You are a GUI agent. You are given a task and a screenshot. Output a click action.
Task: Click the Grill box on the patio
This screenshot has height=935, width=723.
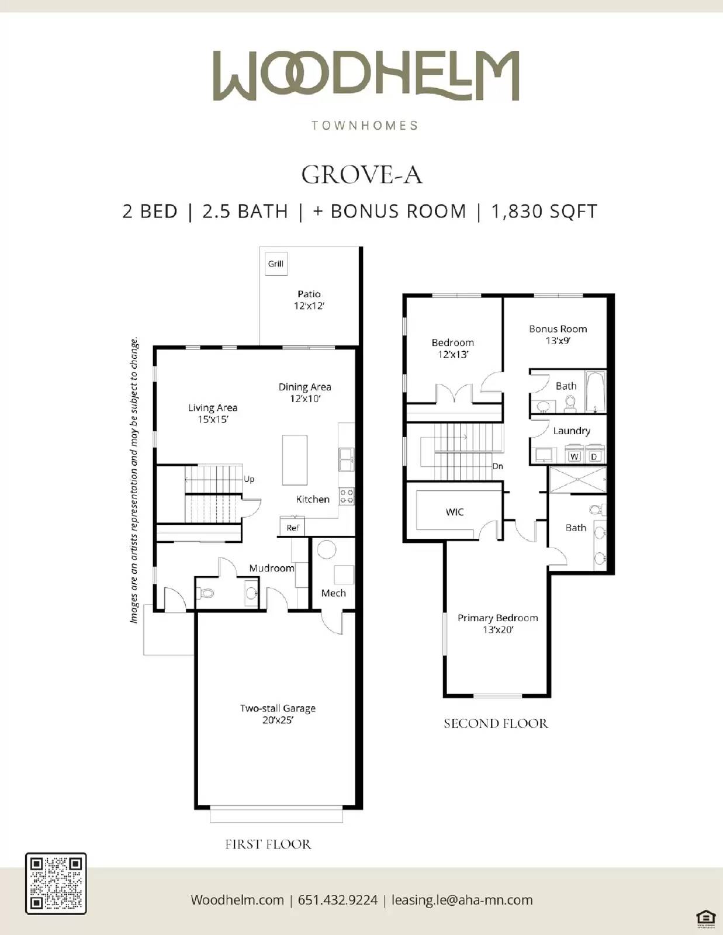click(276, 264)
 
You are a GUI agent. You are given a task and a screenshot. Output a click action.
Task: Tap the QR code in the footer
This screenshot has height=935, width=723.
click(56, 883)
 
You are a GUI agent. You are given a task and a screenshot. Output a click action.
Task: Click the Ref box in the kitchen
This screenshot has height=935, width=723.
click(292, 527)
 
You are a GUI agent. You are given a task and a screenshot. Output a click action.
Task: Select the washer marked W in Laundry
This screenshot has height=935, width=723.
click(575, 456)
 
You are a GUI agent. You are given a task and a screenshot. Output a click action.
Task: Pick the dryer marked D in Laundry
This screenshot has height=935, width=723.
click(594, 456)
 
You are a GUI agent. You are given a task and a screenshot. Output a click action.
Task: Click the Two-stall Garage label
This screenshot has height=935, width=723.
click(278, 714)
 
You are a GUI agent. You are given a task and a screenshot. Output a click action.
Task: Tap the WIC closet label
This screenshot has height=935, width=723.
click(454, 512)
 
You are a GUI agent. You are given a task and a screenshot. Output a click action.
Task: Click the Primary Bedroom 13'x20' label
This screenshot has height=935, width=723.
click(497, 623)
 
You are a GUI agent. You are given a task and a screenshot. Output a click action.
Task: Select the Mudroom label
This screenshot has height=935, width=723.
click(271, 568)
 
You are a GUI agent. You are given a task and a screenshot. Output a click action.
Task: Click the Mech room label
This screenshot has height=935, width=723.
click(333, 593)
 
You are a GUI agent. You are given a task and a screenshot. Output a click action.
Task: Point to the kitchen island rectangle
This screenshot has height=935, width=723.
click(295, 460)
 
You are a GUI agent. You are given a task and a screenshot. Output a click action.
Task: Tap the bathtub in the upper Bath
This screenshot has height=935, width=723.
click(595, 391)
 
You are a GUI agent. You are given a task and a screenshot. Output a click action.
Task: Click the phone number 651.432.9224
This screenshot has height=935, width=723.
click(338, 900)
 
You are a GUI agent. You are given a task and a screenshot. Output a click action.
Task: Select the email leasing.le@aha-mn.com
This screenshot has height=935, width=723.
click(462, 900)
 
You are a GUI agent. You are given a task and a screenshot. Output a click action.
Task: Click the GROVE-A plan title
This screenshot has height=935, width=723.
click(361, 175)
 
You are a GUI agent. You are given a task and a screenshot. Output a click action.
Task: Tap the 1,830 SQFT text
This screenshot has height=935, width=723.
click(544, 211)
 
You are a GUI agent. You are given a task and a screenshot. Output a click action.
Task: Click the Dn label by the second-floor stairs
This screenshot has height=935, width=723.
click(497, 466)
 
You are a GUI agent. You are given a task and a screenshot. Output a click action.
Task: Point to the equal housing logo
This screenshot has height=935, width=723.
click(705, 917)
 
